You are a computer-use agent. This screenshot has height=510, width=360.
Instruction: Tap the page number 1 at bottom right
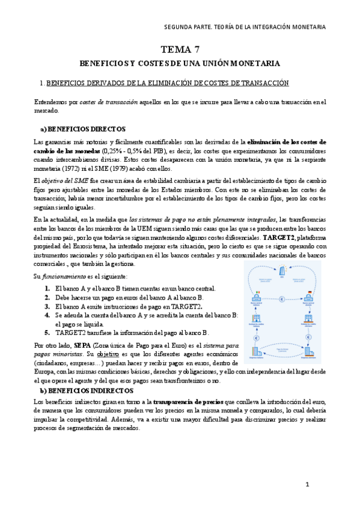[307, 484]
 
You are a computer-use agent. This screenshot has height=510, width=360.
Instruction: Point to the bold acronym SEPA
[82, 346]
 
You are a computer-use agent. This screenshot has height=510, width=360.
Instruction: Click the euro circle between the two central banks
[283, 298]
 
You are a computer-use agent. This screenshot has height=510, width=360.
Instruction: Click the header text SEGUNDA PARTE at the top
[188, 27]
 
